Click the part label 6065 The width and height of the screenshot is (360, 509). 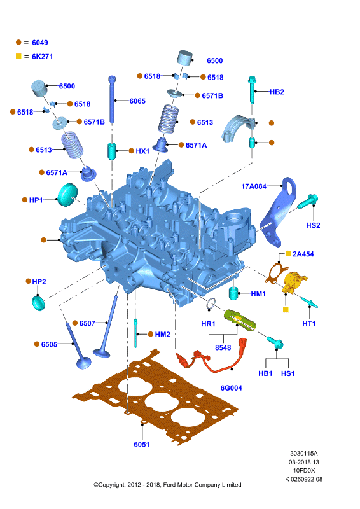pyautogui.click(x=137, y=101)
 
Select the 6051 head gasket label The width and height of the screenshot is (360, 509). pyautogui.click(x=142, y=444)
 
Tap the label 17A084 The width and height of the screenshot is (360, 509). pyautogui.click(x=254, y=186)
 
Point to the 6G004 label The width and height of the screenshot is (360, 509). pyautogui.click(x=231, y=388)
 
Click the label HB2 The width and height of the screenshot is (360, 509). pyautogui.click(x=277, y=92)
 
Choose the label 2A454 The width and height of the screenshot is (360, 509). pyautogui.click(x=303, y=254)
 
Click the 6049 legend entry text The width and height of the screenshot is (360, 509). pyautogui.click(x=40, y=43)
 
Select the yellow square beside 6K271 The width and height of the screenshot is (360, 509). pyautogui.click(x=18, y=57)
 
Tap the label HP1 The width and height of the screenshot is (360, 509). pyautogui.click(x=36, y=200)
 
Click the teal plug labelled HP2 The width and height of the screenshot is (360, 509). pyautogui.click(x=39, y=303)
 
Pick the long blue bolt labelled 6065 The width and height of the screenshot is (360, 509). pyautogui.click(x=113, y=99)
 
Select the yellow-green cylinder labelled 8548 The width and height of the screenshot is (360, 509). pyautogui.click(x=240, y=320)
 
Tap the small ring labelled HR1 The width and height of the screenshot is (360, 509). pyautogui.click(x=211, y=303)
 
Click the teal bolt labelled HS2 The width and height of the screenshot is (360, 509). pyautogui.click(x=307, y=201)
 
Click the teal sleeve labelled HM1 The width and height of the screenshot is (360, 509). pyautogui.click(x=233, y=293)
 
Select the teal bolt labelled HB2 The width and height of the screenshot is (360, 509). pyautogui.click(x=253, y=89)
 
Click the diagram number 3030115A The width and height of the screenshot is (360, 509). pyautogui.click(x=304, y=454)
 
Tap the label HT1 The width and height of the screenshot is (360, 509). pyautogui.click(x=308, y=324)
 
